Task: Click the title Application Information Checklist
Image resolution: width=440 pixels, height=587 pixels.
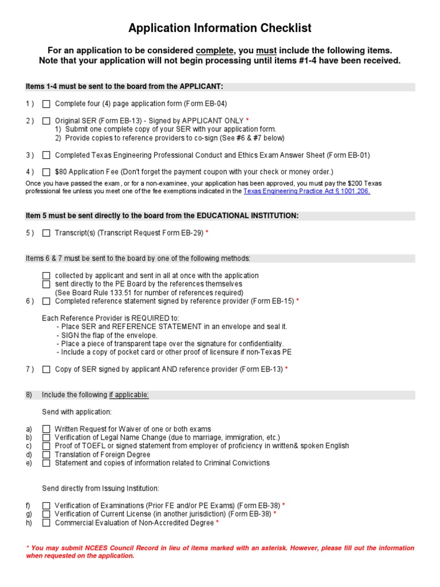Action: (x=220, y=28)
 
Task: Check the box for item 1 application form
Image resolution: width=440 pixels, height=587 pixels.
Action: (x=46, y=104)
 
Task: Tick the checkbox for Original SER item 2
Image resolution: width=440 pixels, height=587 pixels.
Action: (x=46, y=121)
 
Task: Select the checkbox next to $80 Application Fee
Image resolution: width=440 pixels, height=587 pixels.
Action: (x=46, y=172)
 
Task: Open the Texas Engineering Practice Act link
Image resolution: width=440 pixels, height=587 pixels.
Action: (x=307, y=191)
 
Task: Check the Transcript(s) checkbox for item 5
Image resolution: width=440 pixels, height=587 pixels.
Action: (x=46, y=233)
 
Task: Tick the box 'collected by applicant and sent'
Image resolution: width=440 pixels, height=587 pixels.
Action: (x=46, y=276)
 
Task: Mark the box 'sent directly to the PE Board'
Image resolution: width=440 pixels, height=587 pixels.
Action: (x=46, y=284)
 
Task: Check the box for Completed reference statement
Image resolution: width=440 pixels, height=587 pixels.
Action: (x=46, y=302)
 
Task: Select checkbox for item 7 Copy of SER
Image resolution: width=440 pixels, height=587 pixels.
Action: (x=46, y=370)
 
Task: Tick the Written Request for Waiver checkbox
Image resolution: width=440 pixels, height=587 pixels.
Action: (x=46, y=429)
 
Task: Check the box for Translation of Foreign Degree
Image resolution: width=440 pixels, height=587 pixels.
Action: (x=46, y=455)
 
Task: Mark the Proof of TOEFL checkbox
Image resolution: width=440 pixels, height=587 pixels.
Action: (x=46, y=446)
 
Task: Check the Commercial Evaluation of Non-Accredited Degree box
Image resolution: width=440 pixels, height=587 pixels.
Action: (x=46, y=523)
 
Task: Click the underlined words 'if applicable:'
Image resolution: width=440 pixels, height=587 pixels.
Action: (x=129, y=395)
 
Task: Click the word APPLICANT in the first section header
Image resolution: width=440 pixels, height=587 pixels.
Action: (x=201, y=87)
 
